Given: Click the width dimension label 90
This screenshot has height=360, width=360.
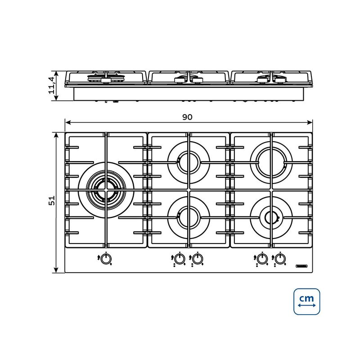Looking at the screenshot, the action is point(187,117).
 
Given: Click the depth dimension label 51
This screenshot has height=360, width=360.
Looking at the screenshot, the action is point(52,200).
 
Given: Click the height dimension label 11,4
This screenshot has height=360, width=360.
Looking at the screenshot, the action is point(52,85).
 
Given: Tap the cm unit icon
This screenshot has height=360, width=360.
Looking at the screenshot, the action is point(307,301).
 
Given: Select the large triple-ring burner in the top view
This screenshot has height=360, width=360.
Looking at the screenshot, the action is point(106,190).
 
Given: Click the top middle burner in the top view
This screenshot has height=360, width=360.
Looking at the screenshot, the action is point(189,162).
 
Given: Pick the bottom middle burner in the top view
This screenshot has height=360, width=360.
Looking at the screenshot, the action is point(189,218).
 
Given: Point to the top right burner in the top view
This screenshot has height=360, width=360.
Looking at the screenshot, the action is point(271,162).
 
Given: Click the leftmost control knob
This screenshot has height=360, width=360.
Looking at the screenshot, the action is point(106,260).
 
